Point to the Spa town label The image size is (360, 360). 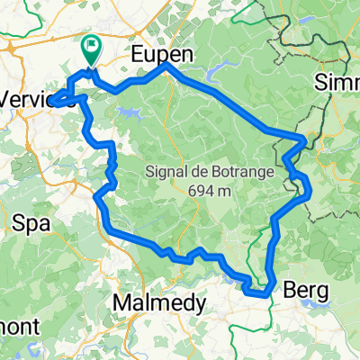[31, 219]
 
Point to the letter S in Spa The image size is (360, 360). [21, 219]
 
